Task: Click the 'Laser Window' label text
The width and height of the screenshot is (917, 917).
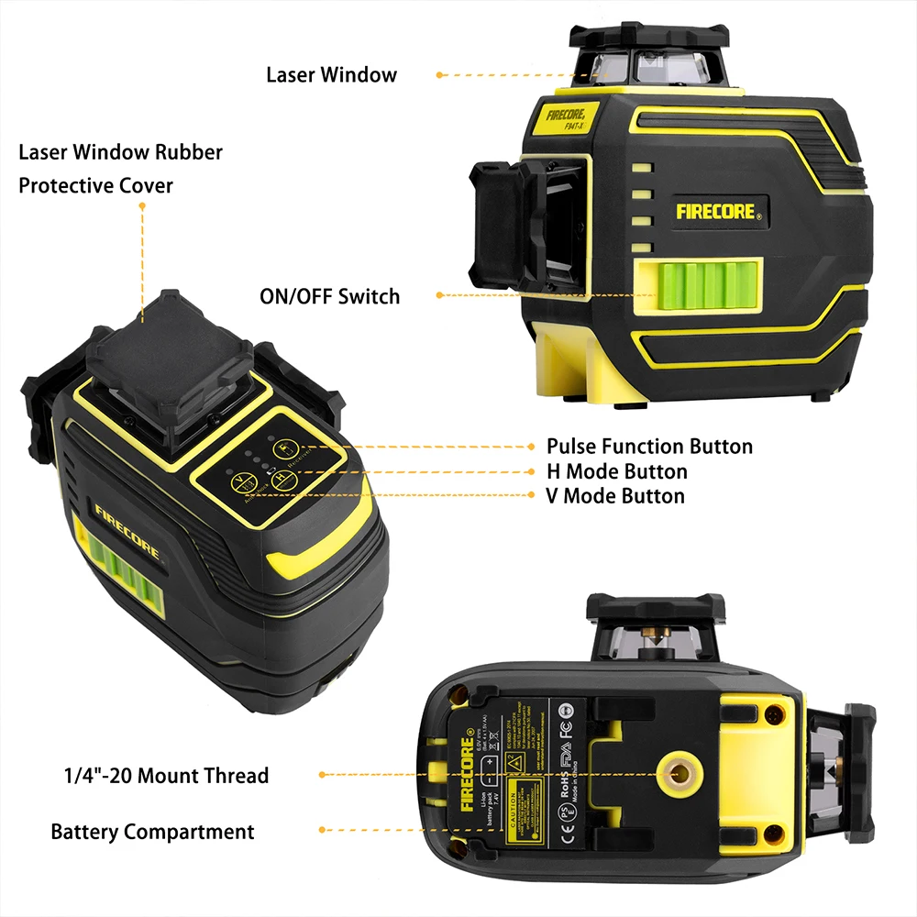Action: click(x=331, y=75)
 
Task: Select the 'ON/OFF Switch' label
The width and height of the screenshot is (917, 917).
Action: click(x=329, y=296)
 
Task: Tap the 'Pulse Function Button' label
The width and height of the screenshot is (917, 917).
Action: click(x=649, y=447)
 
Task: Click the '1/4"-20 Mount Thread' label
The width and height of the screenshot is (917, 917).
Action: click(x=160, y=776)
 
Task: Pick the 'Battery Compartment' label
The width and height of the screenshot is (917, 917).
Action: click(x=152, y=833)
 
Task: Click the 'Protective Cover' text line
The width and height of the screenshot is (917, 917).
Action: click(x=96, y=185)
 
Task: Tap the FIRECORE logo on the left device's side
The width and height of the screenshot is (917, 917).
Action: click(x=127, y=530)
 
